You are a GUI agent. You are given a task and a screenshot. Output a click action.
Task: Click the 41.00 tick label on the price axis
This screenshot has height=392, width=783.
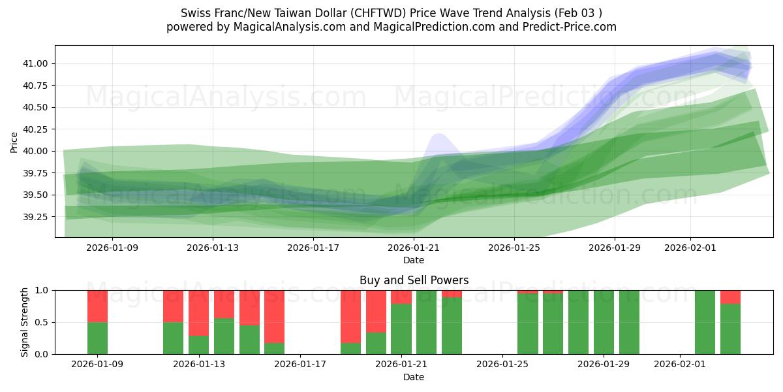tap(37, 63)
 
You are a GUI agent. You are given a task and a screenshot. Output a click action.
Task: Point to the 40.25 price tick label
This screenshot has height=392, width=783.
tap(37, 129)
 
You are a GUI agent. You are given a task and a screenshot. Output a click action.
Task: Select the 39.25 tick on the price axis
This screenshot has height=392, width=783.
tap(37, 217)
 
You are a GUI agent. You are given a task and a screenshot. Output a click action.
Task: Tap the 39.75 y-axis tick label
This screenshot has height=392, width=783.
tap(37, 173)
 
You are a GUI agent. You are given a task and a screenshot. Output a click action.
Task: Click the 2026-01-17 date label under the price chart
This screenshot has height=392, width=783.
tap(313, 248)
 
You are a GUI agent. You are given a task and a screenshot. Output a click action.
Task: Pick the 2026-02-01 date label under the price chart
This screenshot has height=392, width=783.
tap(690, 248)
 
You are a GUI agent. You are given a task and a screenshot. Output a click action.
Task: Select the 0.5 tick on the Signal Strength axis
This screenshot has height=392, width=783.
tap(42, 322)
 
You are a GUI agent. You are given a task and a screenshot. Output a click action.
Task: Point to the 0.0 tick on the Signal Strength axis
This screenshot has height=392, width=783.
tap(42, 354)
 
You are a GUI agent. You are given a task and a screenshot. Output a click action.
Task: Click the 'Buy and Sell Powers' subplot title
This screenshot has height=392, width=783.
tap(414, 280)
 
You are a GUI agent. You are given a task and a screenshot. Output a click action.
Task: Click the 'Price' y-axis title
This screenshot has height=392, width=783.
tap(14, 142)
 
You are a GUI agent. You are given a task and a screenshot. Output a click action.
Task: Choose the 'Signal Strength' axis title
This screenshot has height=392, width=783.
tap(25, 322)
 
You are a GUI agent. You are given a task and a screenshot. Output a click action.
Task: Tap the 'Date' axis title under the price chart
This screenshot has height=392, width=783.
tap(414, 260)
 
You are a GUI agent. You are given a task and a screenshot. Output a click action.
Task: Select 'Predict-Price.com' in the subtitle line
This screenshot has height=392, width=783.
tap(566, 27)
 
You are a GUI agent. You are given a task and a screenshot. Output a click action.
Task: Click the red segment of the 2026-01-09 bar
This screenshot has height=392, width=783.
tap(97, 306)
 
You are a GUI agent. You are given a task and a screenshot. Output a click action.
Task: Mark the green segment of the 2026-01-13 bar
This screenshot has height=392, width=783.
tap(199, 345)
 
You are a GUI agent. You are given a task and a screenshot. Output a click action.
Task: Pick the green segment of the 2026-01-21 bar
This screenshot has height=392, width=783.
tap(401, 329)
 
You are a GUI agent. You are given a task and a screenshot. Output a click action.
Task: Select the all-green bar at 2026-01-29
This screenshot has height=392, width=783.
tap(604, 322)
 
